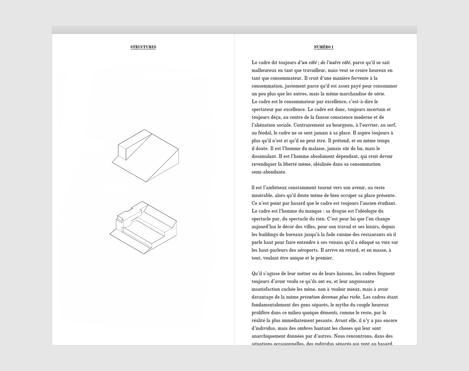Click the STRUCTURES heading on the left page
point(143,47)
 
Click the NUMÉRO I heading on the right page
point(324,47)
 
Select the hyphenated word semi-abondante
point(269,172)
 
